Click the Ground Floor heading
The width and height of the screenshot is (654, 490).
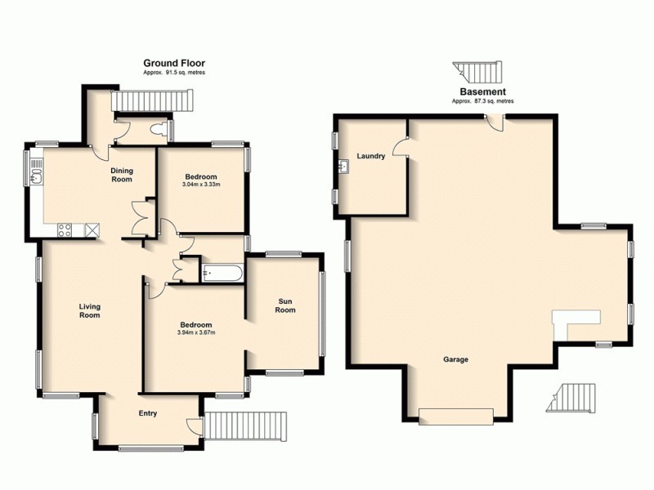coord(174,63)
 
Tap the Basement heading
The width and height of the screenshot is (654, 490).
coord(482,92)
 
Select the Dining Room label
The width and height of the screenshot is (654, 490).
coord(122,175)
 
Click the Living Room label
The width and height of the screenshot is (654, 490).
coord(89,311)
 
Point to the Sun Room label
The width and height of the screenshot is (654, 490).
coord(284,305)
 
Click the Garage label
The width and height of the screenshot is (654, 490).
coord(455,359)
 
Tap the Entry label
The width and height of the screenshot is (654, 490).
coord(148,414)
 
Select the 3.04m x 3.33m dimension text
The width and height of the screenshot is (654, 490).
coord(201,185)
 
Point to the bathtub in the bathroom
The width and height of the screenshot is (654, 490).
coord(221,273)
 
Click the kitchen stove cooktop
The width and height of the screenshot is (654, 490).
coord(66,230)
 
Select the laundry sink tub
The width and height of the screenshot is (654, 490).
coord(343,168)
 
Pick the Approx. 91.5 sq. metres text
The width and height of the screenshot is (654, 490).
coord(174,73)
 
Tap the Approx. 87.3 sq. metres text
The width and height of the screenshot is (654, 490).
coord(482,101)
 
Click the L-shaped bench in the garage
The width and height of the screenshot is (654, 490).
coord(571,323)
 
